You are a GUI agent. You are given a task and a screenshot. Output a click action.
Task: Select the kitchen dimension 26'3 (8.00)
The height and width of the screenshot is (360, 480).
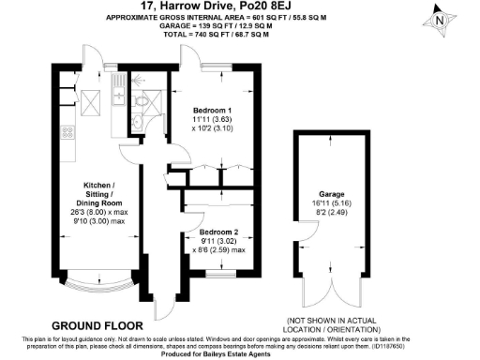click(x=96, y=212)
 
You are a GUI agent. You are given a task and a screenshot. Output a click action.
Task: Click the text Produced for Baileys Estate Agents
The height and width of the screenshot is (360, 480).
click(x=240, y=353)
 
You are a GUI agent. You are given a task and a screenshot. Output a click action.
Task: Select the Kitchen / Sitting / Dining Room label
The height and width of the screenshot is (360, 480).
click(x=96, y=191)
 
